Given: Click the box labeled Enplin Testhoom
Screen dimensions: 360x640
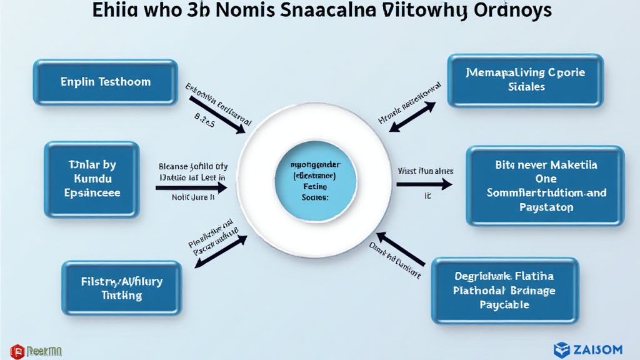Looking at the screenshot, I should (106, 82).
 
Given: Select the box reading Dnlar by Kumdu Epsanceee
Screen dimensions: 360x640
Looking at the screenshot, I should (92, 179).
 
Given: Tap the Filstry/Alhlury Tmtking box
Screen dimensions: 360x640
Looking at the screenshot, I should (121, 288).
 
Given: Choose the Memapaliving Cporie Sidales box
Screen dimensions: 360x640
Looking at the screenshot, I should (526, 80).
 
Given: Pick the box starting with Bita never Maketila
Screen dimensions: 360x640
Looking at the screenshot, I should (546, 186).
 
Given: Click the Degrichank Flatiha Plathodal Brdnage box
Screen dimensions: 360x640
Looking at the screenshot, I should (504, 289).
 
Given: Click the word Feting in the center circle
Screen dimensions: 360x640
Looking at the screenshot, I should (314, 186).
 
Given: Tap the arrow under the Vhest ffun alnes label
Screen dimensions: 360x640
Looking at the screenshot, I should (424, 184).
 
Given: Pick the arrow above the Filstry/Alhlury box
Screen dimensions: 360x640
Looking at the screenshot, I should (222, 250).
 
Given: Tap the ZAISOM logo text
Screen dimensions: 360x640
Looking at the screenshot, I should (597, 349).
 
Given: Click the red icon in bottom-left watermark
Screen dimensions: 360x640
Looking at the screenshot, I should (17, 352).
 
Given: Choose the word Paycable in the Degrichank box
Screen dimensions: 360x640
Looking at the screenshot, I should (504, 304).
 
